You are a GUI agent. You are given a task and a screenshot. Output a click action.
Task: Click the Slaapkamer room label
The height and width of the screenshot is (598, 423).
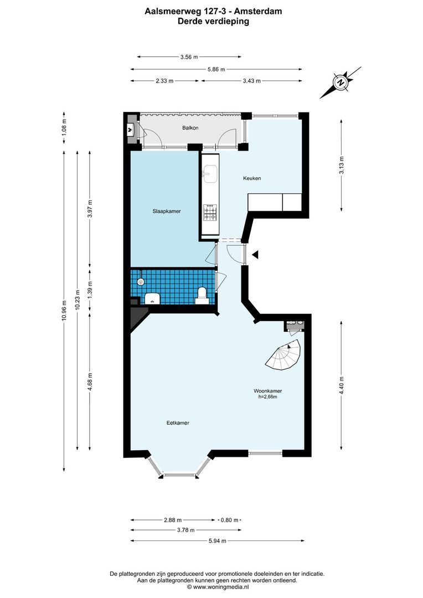167,211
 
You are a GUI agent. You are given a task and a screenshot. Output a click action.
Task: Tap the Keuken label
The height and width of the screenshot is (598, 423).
251,178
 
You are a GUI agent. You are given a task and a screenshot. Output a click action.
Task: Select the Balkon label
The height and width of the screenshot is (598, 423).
190,128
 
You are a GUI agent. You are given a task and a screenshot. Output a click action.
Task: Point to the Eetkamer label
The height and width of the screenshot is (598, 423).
178,422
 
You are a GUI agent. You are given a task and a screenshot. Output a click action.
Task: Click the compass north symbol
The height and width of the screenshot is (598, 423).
341,83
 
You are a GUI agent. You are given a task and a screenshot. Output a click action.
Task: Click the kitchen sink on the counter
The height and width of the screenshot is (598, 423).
210,173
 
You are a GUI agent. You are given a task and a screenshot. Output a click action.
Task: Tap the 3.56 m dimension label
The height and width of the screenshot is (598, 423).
189,56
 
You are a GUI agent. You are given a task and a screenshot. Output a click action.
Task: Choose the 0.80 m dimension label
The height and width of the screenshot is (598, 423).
229,520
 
